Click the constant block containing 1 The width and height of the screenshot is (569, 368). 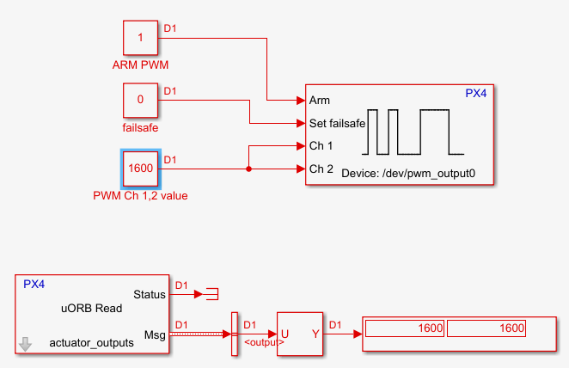pos(139,38)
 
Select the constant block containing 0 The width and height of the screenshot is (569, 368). pos(139,101)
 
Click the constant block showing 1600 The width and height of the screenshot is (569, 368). pos(139,169)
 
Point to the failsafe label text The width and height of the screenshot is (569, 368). pos(140,128)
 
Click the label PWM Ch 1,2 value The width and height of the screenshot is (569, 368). pos(140,196)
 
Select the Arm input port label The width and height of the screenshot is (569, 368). pos(319,101)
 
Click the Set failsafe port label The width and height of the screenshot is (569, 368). pos(337,123)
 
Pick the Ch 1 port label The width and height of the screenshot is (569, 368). pos(321,146)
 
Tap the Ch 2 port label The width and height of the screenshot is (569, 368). pos(321,169)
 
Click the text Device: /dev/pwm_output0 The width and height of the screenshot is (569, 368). pos(408,174)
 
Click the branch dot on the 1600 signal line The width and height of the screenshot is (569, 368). pos(249,169)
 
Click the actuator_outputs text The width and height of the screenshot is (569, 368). pos(92,342)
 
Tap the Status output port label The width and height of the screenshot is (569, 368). pos(150,295)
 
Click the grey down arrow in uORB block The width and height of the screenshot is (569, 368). pos(26,344)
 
